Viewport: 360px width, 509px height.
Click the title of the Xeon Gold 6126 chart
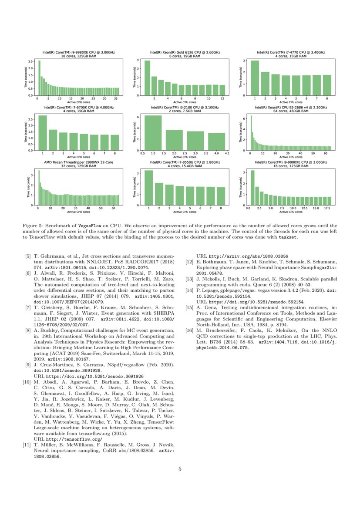pyautogui.click(x=185, y=52)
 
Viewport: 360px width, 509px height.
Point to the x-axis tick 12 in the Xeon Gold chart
pyautogui.click(x=222, y=99)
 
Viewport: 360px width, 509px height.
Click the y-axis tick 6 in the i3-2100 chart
pyautogui.click(x=138, y=117)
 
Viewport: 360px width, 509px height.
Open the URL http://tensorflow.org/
pyautogui.click(x=65, y=440)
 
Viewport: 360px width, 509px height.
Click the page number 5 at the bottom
pyautogui.click(x=180, y=469)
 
